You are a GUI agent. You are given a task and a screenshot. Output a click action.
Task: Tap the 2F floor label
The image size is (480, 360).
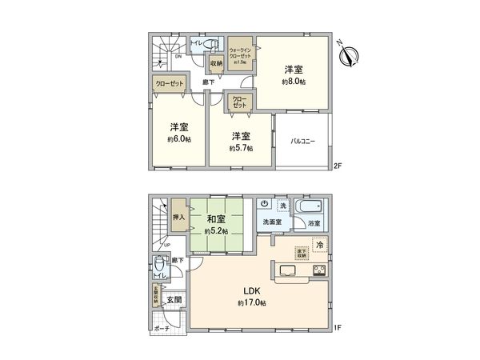[x=338, y=166]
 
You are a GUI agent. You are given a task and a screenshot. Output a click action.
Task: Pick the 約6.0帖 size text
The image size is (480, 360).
[x=178, y=139]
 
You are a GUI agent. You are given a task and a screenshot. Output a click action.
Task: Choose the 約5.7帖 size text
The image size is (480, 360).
[x=241, y=148]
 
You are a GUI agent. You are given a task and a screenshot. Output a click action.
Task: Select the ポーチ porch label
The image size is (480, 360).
[x=162, y=329]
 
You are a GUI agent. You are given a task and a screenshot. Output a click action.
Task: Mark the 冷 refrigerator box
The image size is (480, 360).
[x=318, y=244]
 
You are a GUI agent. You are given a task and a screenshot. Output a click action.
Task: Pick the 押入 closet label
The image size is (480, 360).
[x=178, y=216]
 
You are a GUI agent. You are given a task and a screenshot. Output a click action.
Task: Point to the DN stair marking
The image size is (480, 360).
[x=178, y=56]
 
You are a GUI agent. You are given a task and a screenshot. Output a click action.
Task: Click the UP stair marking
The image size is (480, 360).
[x=166, y=245]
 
